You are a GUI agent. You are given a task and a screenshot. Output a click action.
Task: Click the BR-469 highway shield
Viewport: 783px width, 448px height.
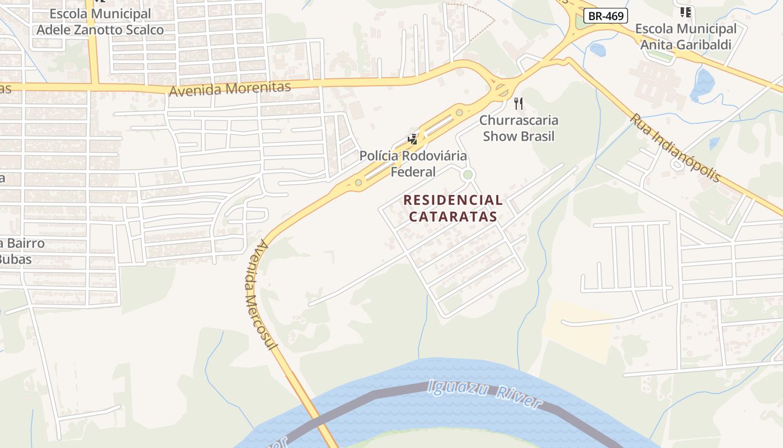[606, 16]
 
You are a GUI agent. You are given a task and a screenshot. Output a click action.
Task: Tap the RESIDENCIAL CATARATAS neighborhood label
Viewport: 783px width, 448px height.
[453, 208]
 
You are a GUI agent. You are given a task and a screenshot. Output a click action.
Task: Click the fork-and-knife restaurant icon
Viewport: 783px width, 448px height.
[518, 103]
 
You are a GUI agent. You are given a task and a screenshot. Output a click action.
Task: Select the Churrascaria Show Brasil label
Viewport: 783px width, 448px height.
[518, 128]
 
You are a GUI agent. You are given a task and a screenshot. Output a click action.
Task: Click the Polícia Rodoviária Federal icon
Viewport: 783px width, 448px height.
[413, 139]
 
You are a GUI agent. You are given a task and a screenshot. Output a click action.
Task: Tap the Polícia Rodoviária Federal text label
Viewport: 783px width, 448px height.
[413, 164]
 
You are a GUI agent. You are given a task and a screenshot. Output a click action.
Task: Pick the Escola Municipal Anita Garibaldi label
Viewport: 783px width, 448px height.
[686, 37]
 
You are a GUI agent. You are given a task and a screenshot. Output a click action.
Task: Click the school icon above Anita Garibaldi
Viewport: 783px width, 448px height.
[685, 12]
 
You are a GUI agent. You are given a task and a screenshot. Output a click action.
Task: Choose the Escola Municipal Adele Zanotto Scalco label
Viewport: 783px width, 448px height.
[100, 22]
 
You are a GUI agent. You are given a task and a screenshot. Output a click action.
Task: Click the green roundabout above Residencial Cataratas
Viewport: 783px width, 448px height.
[468, 175]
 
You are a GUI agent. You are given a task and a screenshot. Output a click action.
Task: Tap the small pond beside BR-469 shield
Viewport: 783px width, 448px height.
[597, 50]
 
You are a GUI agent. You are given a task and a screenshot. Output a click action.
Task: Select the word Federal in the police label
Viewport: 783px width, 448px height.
[413, 171]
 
